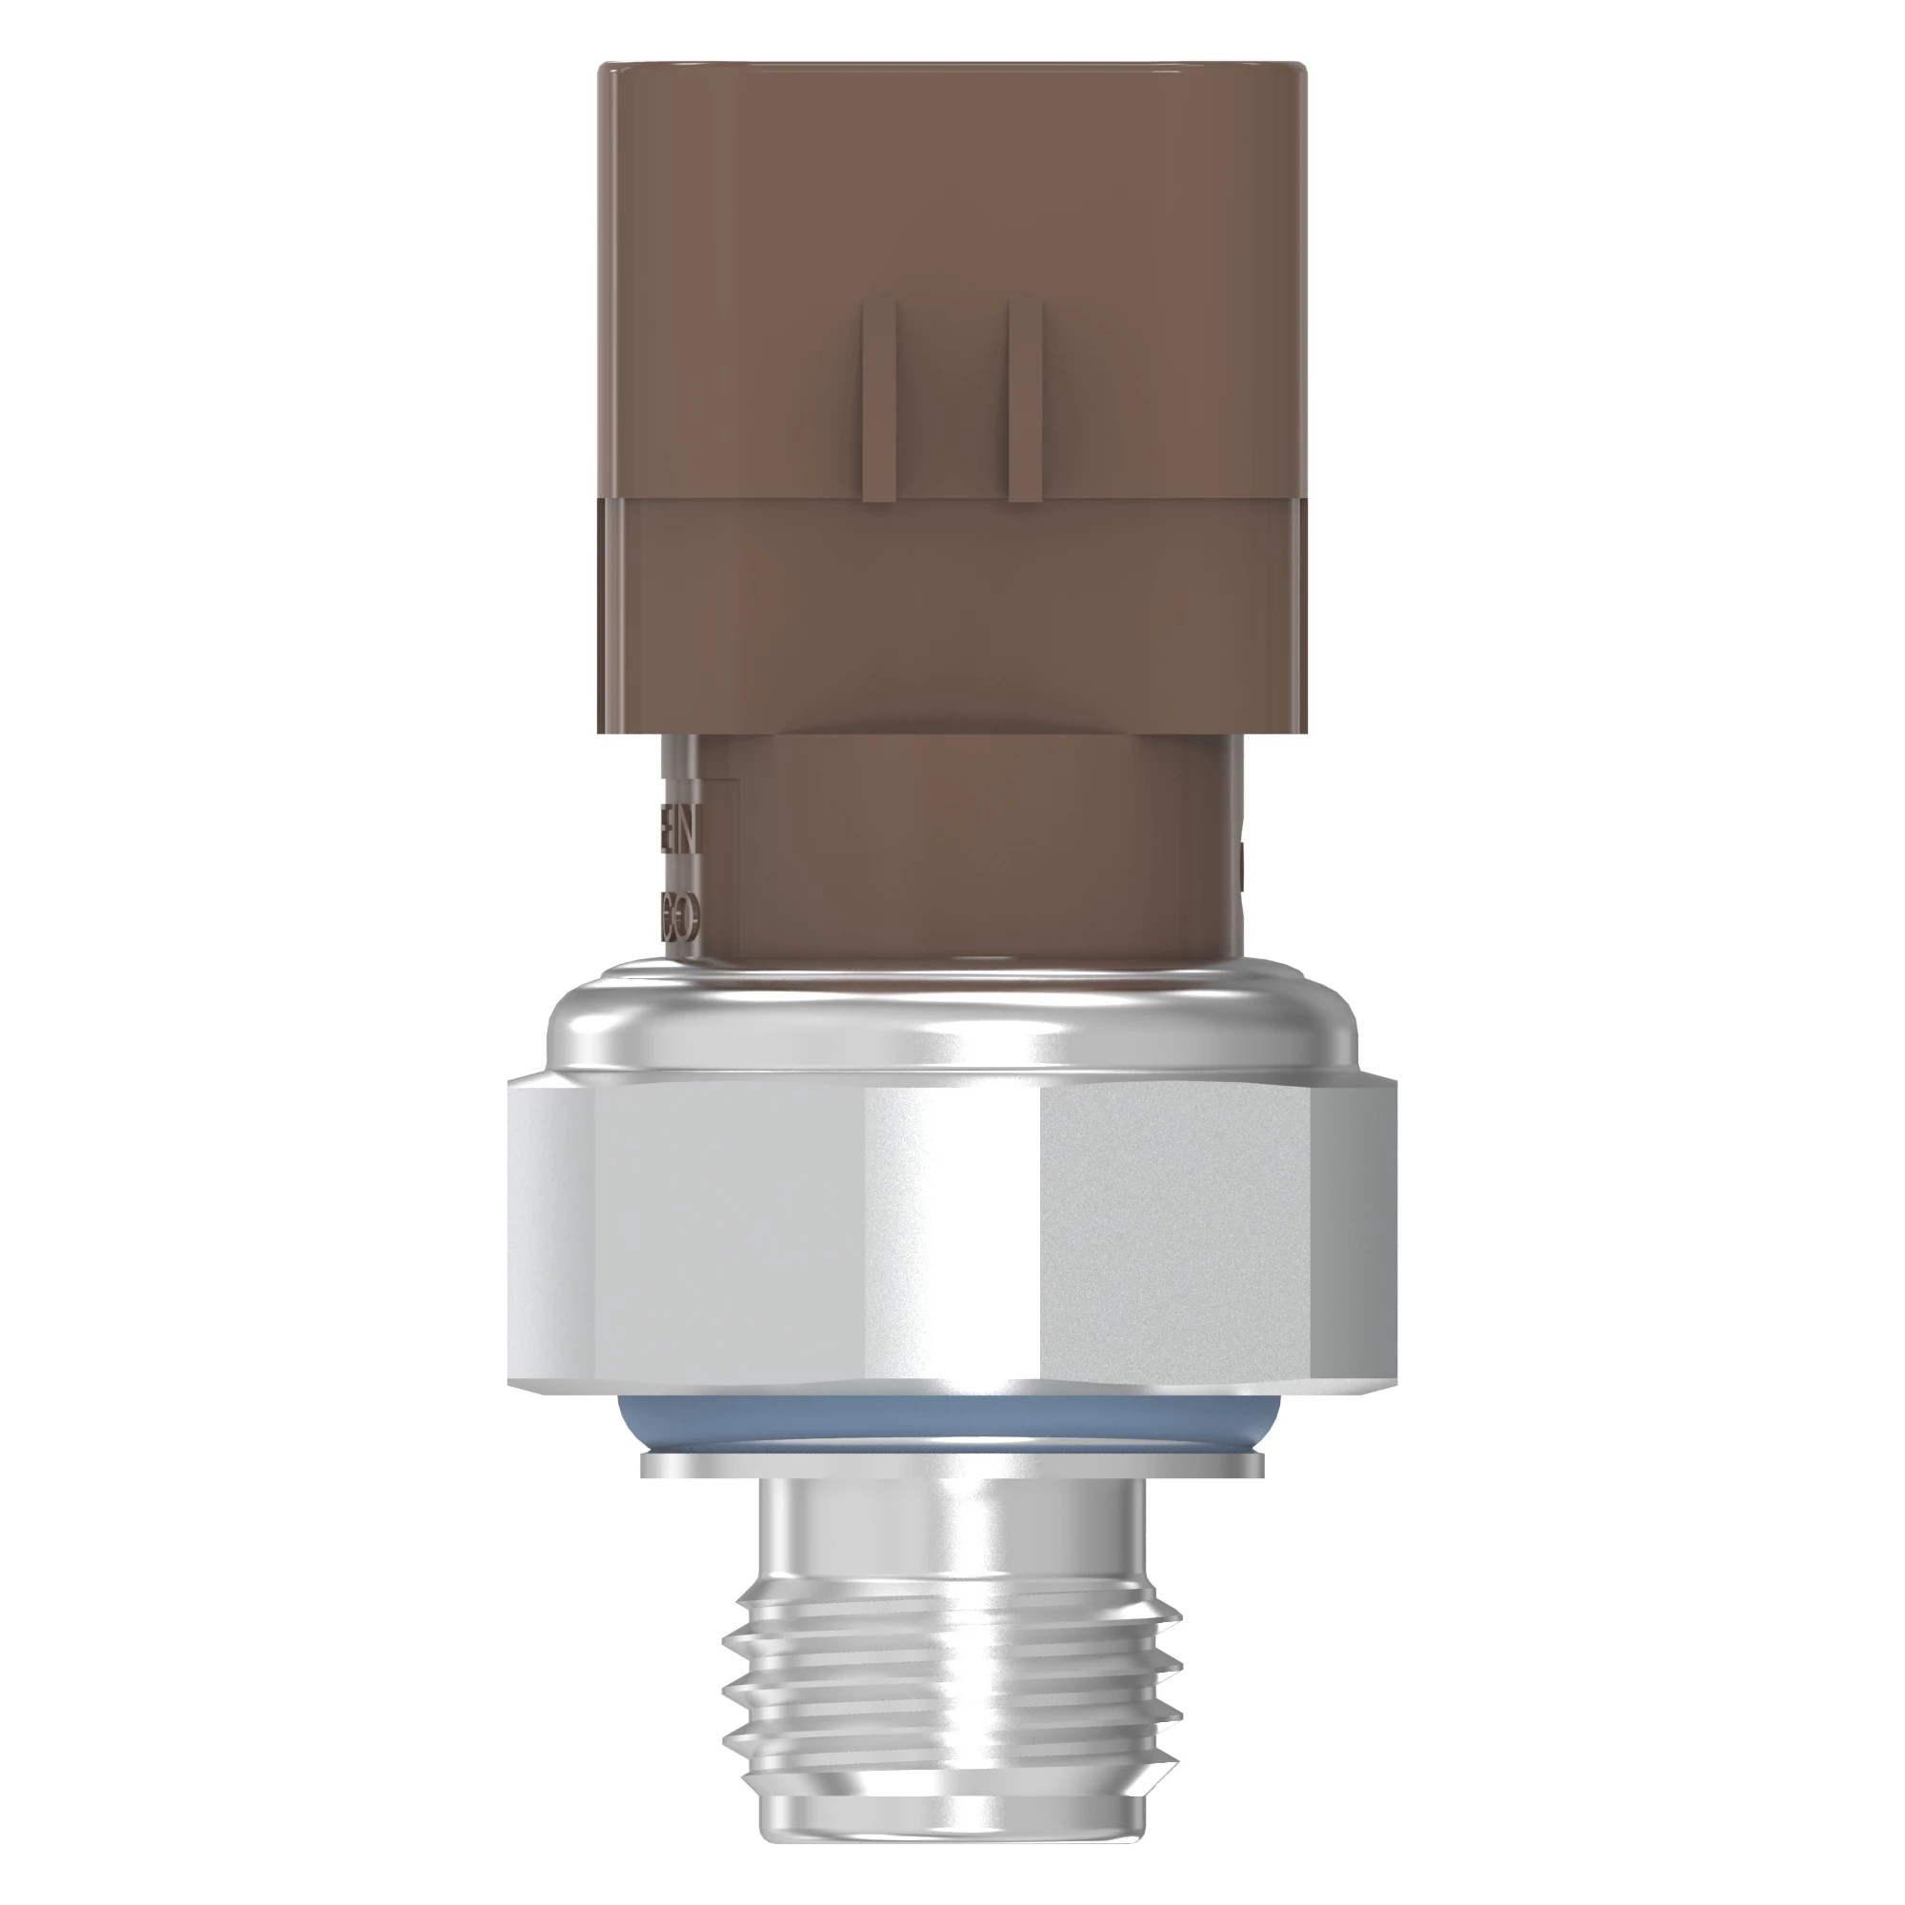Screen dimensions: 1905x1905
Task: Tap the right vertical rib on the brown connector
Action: pos(1026,398)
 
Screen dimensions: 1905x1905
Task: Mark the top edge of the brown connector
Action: pos(952,65)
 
